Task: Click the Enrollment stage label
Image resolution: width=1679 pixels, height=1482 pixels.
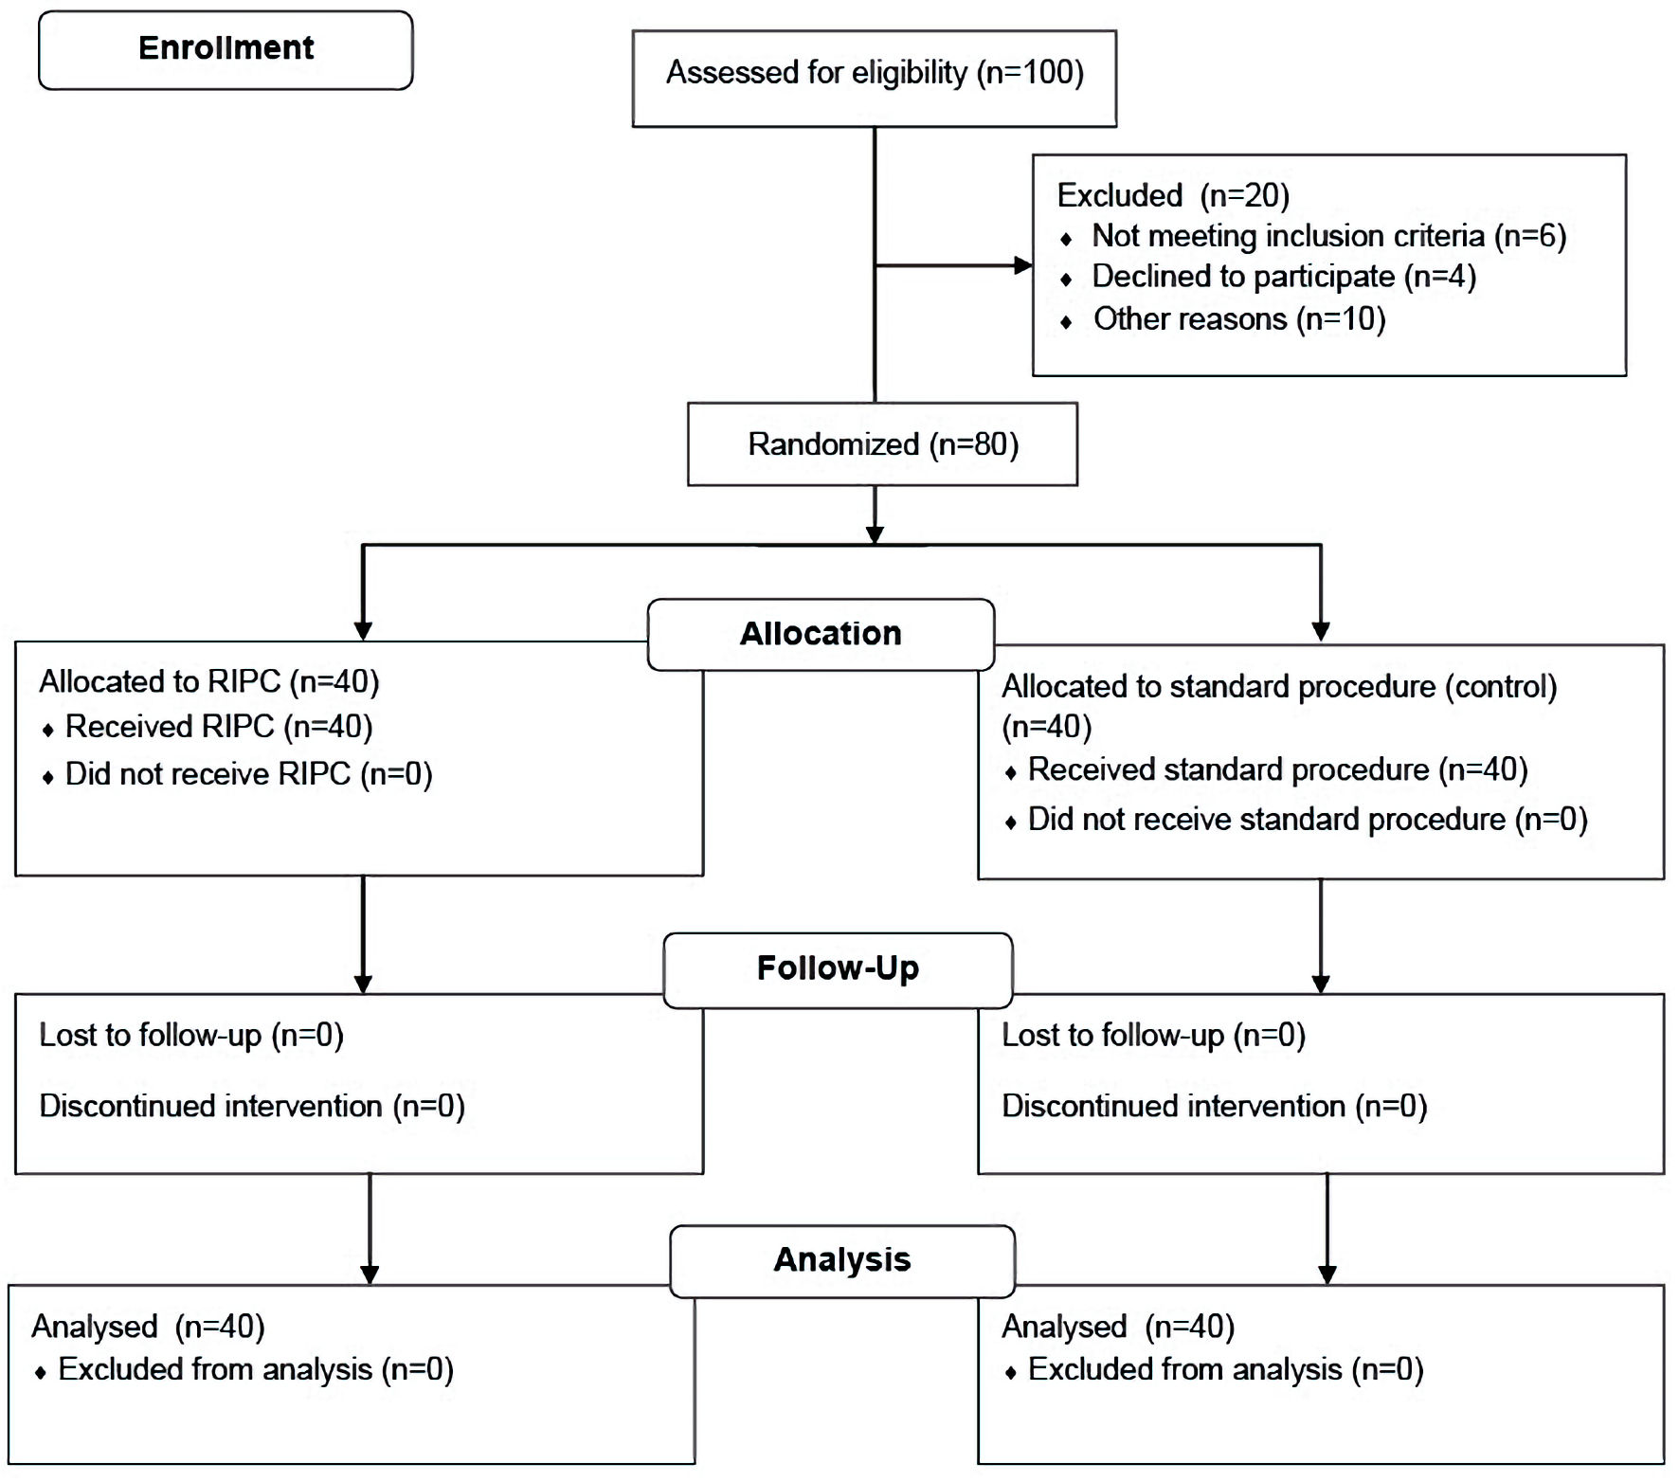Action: pyautogui.click(x=226, y=48)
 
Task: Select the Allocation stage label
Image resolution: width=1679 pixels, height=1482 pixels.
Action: pyautogui.click(x=821, y=634)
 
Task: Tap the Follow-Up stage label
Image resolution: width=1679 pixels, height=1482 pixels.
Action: pyautogui.click(x=838, y=968)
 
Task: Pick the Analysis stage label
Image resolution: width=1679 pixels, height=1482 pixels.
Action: pyautogui.click(x=842, y=1259)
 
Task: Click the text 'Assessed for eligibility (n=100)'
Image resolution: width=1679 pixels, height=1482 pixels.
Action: pyautogui.click(x=875, y=73)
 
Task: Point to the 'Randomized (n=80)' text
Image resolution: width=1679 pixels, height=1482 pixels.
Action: pyautogui.click(x=883, y=444)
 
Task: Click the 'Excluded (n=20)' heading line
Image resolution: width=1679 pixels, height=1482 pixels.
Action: pyautogui.click(x=1173, y=195)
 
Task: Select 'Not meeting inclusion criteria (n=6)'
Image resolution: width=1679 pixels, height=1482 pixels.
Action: pyautogui.click(x=1328, y=236)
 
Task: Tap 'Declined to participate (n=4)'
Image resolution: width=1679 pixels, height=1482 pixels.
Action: pyautogui.click(x=1284, y=277)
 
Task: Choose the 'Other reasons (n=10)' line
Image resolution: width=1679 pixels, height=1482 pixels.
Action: pyautogui.click(x=1239, y=319)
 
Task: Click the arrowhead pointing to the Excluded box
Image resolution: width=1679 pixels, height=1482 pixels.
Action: pyautogui.click(x=1023, y=265)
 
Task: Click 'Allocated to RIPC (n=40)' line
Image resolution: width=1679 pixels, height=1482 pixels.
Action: pyautogui.click(x=209, y=682)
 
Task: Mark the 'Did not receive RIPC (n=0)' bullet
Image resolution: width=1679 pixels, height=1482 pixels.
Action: pyautogui.click(x=248, y=774)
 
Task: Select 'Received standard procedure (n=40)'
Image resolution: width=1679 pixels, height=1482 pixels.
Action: pyautogui.click(x=1277, y=769)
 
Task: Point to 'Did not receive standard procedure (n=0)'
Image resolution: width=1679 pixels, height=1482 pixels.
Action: pyautogui.click(x=1308, y=820)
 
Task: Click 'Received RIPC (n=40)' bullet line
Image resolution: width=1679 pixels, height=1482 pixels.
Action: pyautogui.click(x=219, y=727)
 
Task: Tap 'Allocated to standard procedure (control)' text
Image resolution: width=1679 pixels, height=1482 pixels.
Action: pyautogui.click(x=1279, y=687)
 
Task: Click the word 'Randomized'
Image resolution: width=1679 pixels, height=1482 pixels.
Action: pyautogui.click(x=834, y=444)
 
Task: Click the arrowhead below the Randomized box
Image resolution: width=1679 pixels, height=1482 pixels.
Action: pyautogui.click(x=876, y=534)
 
